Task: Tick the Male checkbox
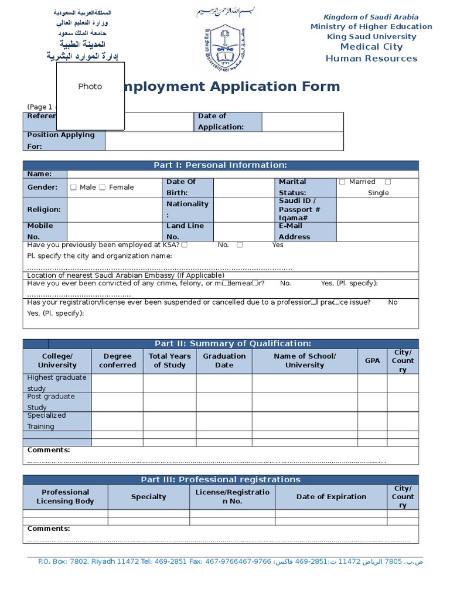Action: [73, 187]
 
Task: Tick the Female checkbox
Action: [103, 187]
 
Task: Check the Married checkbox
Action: [342, 182]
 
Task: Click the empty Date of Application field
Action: [302, 121]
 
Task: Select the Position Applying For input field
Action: [224, 141]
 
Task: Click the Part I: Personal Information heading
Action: [220, 165]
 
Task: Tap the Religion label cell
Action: [45, 209]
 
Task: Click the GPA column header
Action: [372, 361]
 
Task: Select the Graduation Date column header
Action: [224, 360]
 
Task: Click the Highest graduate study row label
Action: [57, 383]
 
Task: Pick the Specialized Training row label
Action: [57, 421]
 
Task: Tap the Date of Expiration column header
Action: [331, 497]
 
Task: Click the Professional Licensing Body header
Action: [65, 497]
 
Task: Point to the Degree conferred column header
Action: [117, 360]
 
